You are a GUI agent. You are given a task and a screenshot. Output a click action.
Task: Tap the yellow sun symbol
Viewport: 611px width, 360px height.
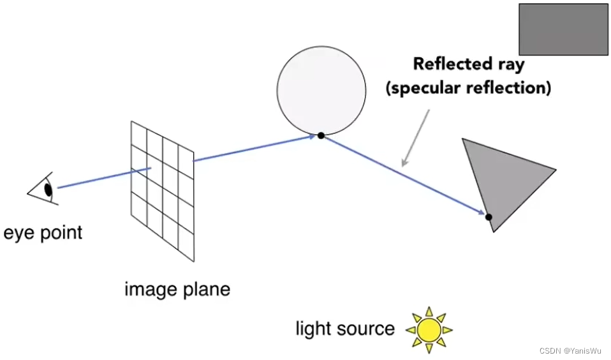pyautogui.click(x=429, y=329)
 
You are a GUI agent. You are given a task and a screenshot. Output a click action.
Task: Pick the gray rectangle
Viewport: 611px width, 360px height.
pyautogui.click(x=563, y=29)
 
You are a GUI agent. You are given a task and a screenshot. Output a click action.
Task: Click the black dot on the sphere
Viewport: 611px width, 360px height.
pyautogui.click(x=321, y=135)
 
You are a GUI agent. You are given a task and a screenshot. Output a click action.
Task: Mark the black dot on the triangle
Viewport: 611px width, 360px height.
pyautogui.click(x=489, y=217)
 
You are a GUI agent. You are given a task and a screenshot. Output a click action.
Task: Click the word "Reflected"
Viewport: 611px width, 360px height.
pyautogui.click(x=449, y=64)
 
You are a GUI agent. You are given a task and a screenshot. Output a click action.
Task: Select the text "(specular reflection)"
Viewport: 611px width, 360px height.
pyautogui.click(x=468, y=87)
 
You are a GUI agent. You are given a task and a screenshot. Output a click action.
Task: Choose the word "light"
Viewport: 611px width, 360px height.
pyautogui.click(x=313, y=329)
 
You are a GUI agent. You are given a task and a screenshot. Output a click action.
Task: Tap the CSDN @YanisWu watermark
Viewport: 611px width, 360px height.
pyautogui.click(x=570, y=351)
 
